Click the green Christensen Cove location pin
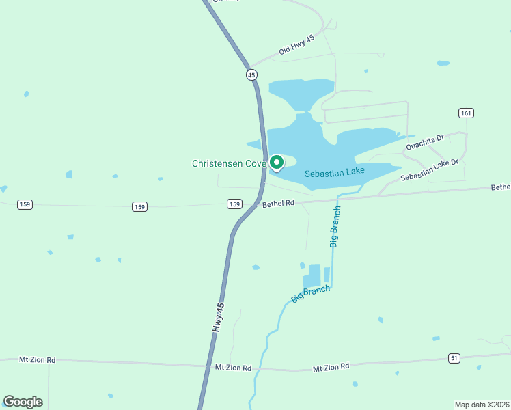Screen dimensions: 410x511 pyautogui.click(x=277, y=163)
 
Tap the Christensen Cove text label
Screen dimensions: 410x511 pyautogui.click(x=228, y=163)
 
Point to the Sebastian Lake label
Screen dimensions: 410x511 pyautogui.click(x=335, y=172)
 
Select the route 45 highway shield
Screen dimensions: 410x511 pyautogui.click(x=251, y=74)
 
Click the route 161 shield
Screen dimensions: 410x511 pyautogui.click(x=467, y=113)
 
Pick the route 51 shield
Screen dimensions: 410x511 pyautogui.click(x=454, y=357)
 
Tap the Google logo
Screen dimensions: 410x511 pyautogui.click(x=23, y=402)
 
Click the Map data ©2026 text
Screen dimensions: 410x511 pyautogui.click(x=482, y=404)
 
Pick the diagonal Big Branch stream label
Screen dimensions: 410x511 pyautogui.click(x=311, y=294)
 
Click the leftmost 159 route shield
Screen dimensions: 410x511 pyautogui.click(x=25, y=204)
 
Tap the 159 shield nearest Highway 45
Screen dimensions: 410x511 pyautogui.click(x=234, y=204)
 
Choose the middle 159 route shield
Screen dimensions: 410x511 pyautogui.click(x=139, y=206)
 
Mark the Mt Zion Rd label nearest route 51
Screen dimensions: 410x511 pyautogui.click(x=331, y=368)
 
